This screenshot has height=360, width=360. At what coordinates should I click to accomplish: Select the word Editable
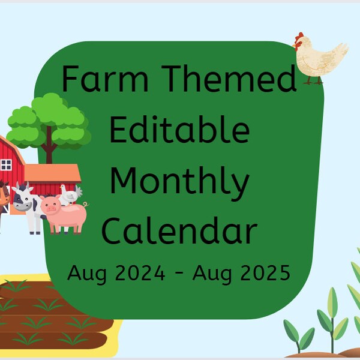(x=179, y=130)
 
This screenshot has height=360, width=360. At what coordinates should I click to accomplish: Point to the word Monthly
(x=179, y=182)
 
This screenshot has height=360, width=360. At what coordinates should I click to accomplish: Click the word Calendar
(x=179, y=231)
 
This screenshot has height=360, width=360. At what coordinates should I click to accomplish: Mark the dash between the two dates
(x=179, y=275)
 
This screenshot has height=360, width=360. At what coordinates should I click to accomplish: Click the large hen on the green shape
(x=319, y=58)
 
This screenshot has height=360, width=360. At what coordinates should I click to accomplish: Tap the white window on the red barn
(x=6, y=164)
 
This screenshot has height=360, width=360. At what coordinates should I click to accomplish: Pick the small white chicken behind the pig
(x=71, y=193)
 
